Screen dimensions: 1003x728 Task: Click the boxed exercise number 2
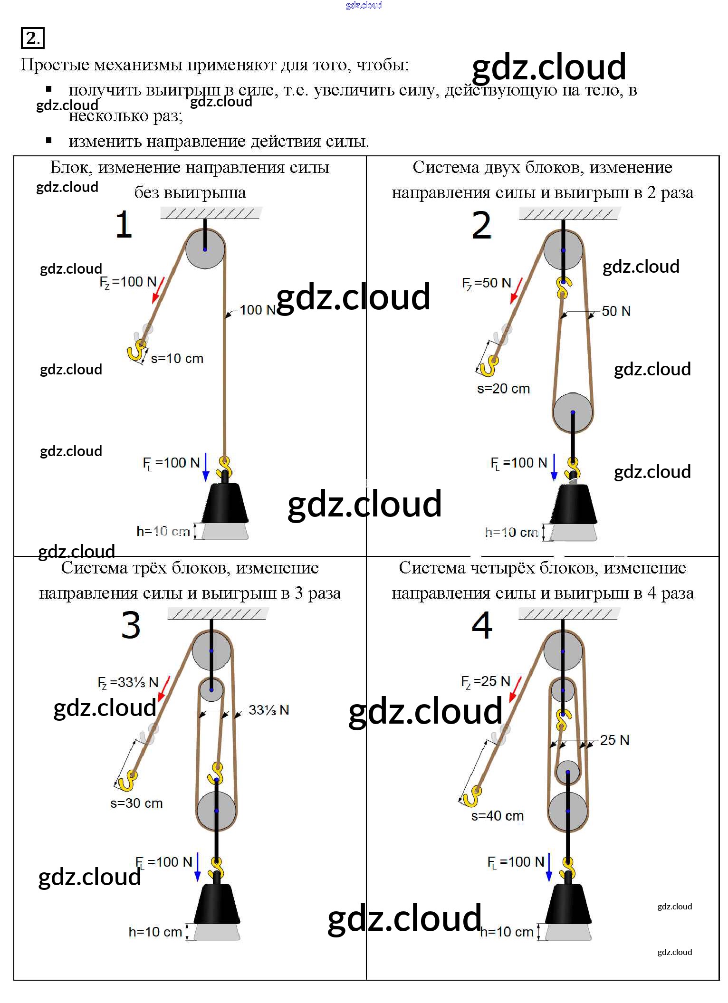point(32,38)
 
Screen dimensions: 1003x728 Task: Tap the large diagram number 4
point(482,625)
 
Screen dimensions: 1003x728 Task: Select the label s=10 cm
point(177,359)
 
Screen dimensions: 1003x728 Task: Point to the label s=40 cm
point(497,816)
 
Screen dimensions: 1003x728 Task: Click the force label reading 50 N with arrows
point(616,311)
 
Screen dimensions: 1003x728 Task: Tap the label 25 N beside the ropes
point(614,740)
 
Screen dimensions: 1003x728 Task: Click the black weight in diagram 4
point(568,904)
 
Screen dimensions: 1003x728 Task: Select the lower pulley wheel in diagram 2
point(573,412)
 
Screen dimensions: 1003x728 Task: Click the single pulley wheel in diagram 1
point(205,249)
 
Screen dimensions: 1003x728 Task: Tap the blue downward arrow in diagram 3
point(198,868)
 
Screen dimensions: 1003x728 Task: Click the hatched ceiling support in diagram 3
point(218,614)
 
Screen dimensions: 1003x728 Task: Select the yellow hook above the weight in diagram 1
point(224,466)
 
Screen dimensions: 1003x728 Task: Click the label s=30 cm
point(136,803)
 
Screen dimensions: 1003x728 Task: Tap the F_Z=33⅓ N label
point(128,682)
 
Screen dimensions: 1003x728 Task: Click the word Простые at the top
point(55,65)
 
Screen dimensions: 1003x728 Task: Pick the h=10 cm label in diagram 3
point(155,932)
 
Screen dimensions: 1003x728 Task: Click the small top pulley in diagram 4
point(563,690)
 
